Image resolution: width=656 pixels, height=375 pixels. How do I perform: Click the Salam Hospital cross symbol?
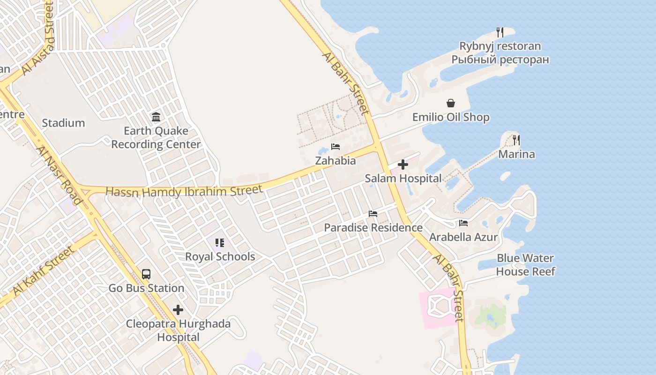point(403,165)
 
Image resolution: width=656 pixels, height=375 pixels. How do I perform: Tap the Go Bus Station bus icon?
point(146,274)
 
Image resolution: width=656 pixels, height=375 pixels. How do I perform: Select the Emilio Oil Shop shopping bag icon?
point(451,103)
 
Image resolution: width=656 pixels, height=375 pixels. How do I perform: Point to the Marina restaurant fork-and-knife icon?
point(516,140)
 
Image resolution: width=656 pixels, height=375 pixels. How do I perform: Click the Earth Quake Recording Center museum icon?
point(156,117)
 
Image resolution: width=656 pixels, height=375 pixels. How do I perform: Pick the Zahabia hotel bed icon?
point(335,147)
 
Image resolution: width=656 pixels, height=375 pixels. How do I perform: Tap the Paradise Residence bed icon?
point(373,214)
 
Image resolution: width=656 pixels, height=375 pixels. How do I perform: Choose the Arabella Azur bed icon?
point(463,223)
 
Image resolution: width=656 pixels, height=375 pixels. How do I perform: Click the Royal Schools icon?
point(220,243)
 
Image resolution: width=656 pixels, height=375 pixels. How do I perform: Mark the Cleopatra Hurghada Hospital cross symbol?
point(178,310)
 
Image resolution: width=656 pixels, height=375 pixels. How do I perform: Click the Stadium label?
point(63,123)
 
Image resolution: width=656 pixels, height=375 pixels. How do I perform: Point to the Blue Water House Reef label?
point(525,265)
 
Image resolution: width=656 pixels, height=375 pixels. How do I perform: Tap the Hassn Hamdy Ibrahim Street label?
point(184,192)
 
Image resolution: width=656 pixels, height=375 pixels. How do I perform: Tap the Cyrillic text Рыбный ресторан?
point(500,60)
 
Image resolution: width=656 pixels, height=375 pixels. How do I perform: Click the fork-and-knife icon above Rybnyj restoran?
point(500,32)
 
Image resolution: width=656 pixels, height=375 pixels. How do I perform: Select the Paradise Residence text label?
point(373,228)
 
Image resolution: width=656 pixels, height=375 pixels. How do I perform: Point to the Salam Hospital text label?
point(403,179)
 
